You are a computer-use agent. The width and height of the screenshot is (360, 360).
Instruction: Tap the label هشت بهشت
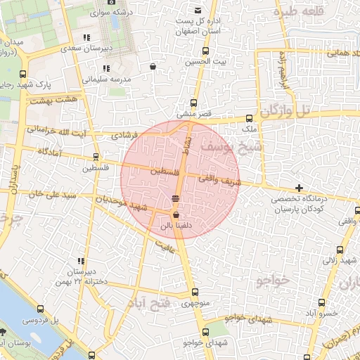tap(57, 101)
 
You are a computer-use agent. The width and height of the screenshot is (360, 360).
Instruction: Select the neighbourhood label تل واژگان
tap(285, 110)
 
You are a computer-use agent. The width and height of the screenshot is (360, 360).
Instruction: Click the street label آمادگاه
tap(43, 152)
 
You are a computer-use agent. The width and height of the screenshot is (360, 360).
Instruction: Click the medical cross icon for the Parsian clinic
tap(300, 188)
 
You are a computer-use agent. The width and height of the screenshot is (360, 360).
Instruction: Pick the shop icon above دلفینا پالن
tap(175, 215)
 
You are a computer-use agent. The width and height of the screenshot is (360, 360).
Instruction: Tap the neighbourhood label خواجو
tap(273, 280)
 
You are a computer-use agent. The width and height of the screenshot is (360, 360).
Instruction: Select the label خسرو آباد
tap(321, 313)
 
